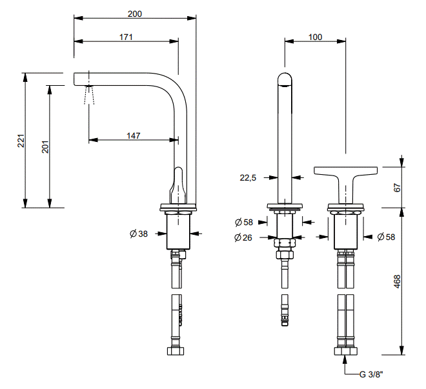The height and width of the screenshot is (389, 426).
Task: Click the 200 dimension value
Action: click(135, 13)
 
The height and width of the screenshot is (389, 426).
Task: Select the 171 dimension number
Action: click(126, 37)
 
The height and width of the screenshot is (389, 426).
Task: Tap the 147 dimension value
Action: click(133, 135)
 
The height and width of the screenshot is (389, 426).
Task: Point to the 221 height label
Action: click(21, 141)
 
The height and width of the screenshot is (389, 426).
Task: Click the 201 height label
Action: click(45, 147)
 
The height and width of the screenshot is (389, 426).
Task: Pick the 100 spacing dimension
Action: click(315, 37)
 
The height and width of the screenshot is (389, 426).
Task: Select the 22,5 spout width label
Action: click(249, 178)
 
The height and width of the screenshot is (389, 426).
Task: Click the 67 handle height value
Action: click(398, 187)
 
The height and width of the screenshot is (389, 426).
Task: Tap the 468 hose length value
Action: click(398, 281)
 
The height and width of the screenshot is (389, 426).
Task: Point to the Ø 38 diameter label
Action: click(138, 234)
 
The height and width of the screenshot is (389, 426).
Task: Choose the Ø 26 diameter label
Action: click(243, 237)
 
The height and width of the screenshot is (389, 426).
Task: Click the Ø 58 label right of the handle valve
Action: click(386, 237)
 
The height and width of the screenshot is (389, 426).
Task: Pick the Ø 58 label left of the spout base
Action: click(243, 223)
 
